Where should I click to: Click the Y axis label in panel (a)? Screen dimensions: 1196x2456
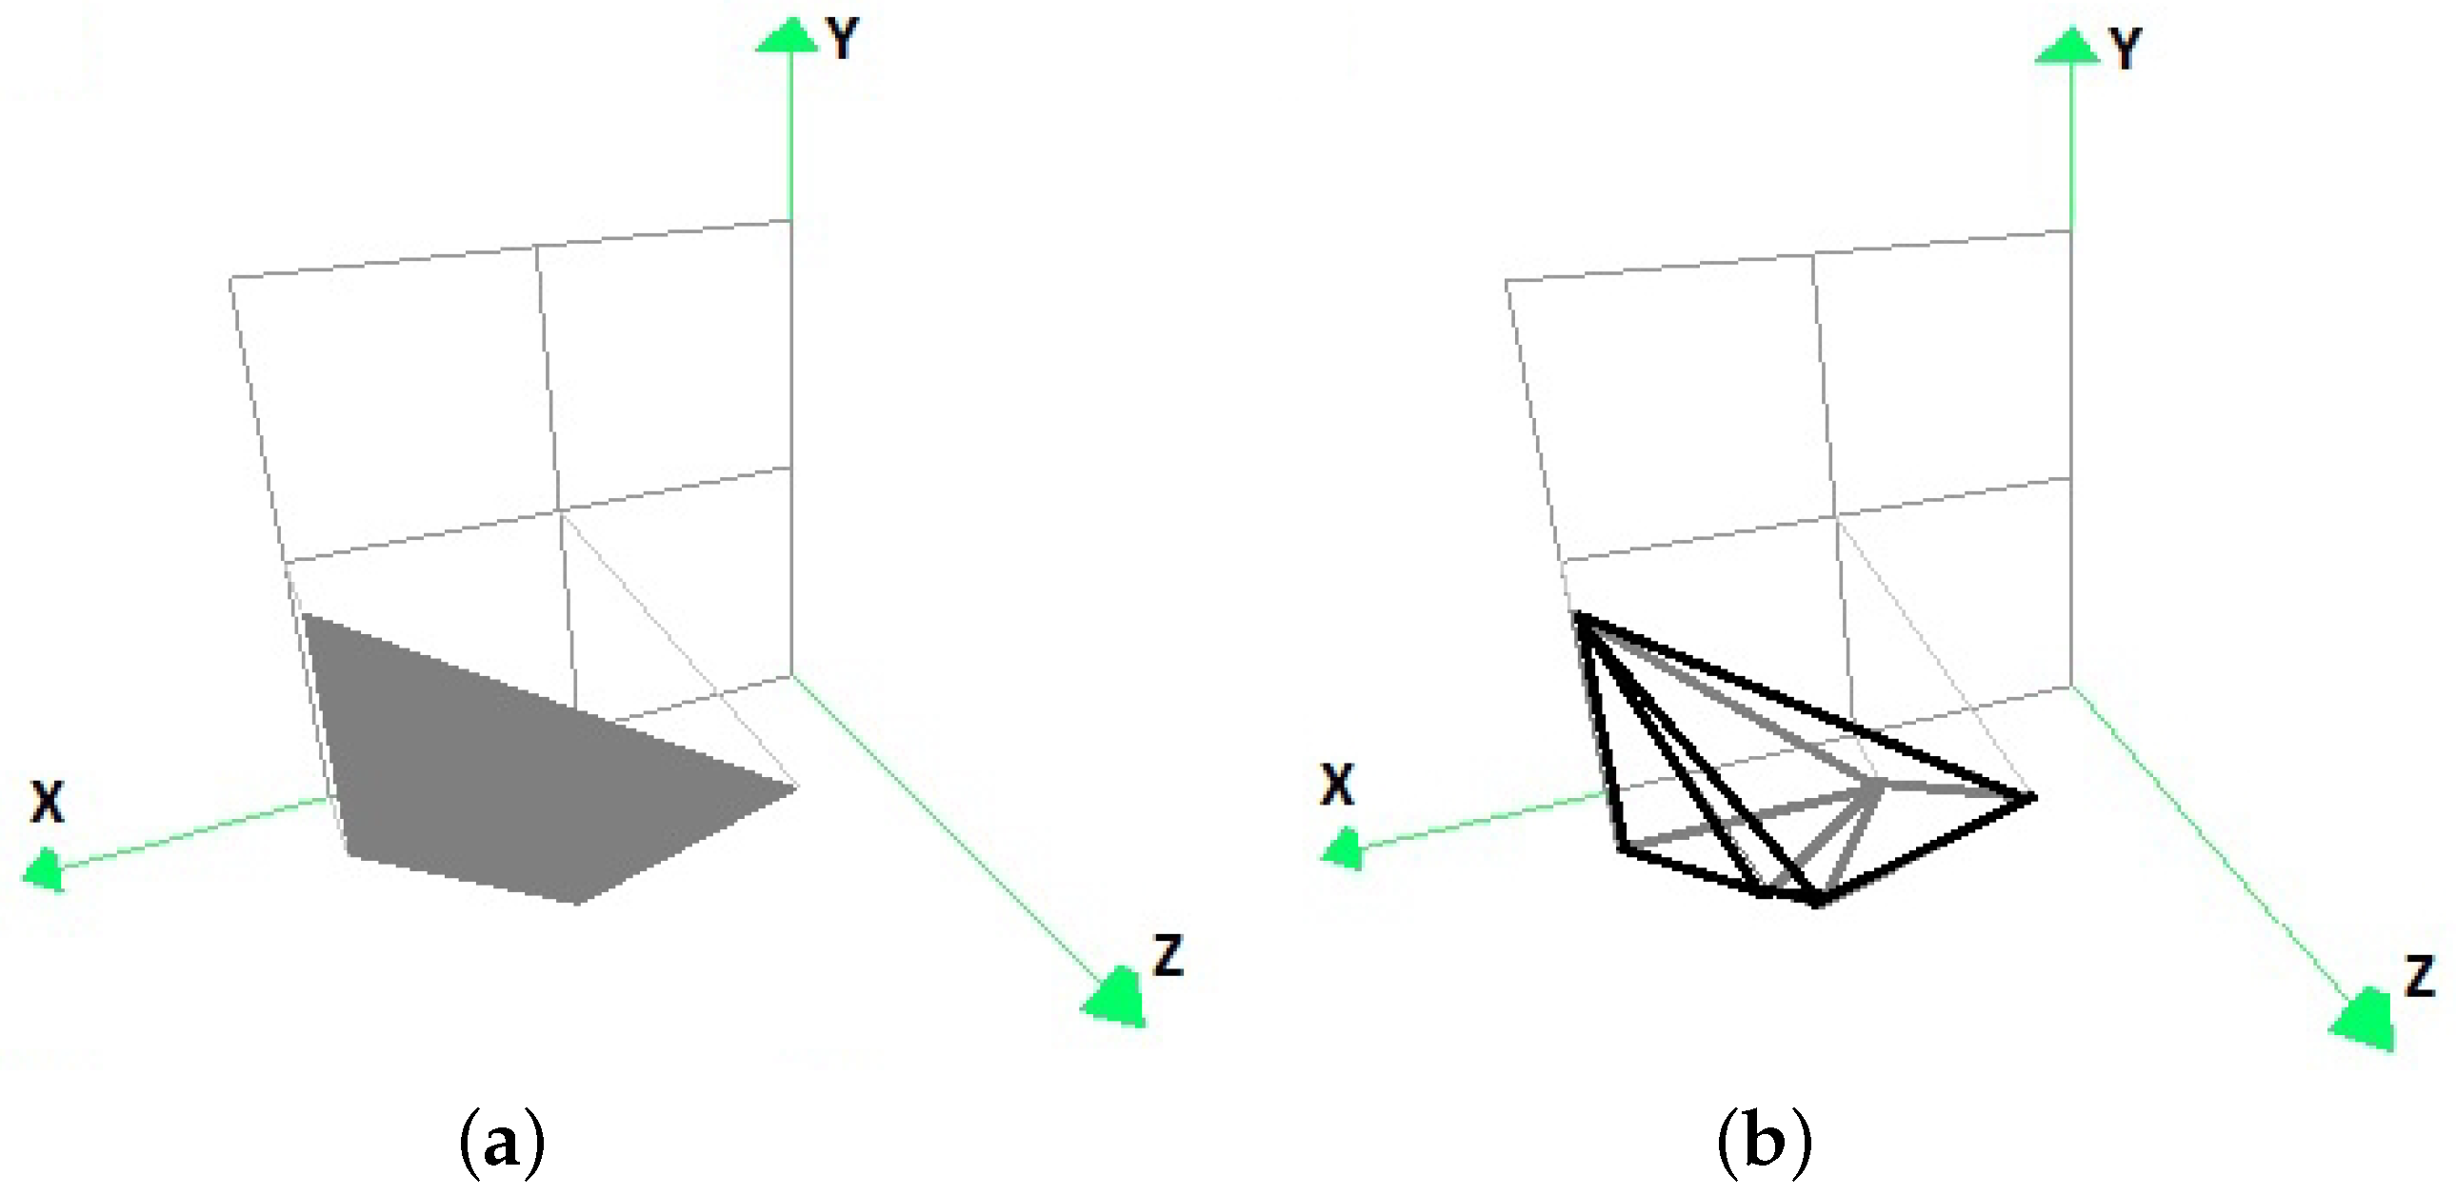pos(843,40)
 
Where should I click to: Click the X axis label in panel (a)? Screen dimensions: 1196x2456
pos(48,803)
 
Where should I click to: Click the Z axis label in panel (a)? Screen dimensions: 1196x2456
pos(1168,956)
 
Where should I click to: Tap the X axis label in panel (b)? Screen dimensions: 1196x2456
pos(1337,787)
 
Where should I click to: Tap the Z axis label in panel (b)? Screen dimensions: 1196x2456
pos(2421,977)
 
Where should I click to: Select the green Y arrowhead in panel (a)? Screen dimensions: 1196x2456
pos(788,36)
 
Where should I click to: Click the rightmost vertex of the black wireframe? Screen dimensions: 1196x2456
pos(2031,797)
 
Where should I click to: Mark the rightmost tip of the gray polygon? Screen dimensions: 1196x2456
pos(796,787)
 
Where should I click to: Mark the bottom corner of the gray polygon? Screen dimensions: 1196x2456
pos(578,902)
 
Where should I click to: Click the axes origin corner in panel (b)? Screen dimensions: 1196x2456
pos(2070,685)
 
